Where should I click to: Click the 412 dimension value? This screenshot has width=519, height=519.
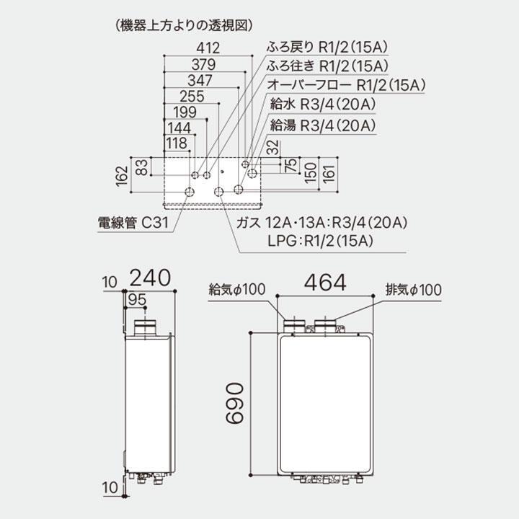(207, 49)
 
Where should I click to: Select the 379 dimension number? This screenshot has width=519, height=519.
(207, 65)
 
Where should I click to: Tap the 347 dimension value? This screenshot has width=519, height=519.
(200, 81)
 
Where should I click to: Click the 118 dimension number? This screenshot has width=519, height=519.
(177, 143)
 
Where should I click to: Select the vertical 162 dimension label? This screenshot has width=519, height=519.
(122, 176)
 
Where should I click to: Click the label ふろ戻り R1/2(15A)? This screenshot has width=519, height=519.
(328, 49)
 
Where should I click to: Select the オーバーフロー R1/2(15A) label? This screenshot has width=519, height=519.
(346, 86)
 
